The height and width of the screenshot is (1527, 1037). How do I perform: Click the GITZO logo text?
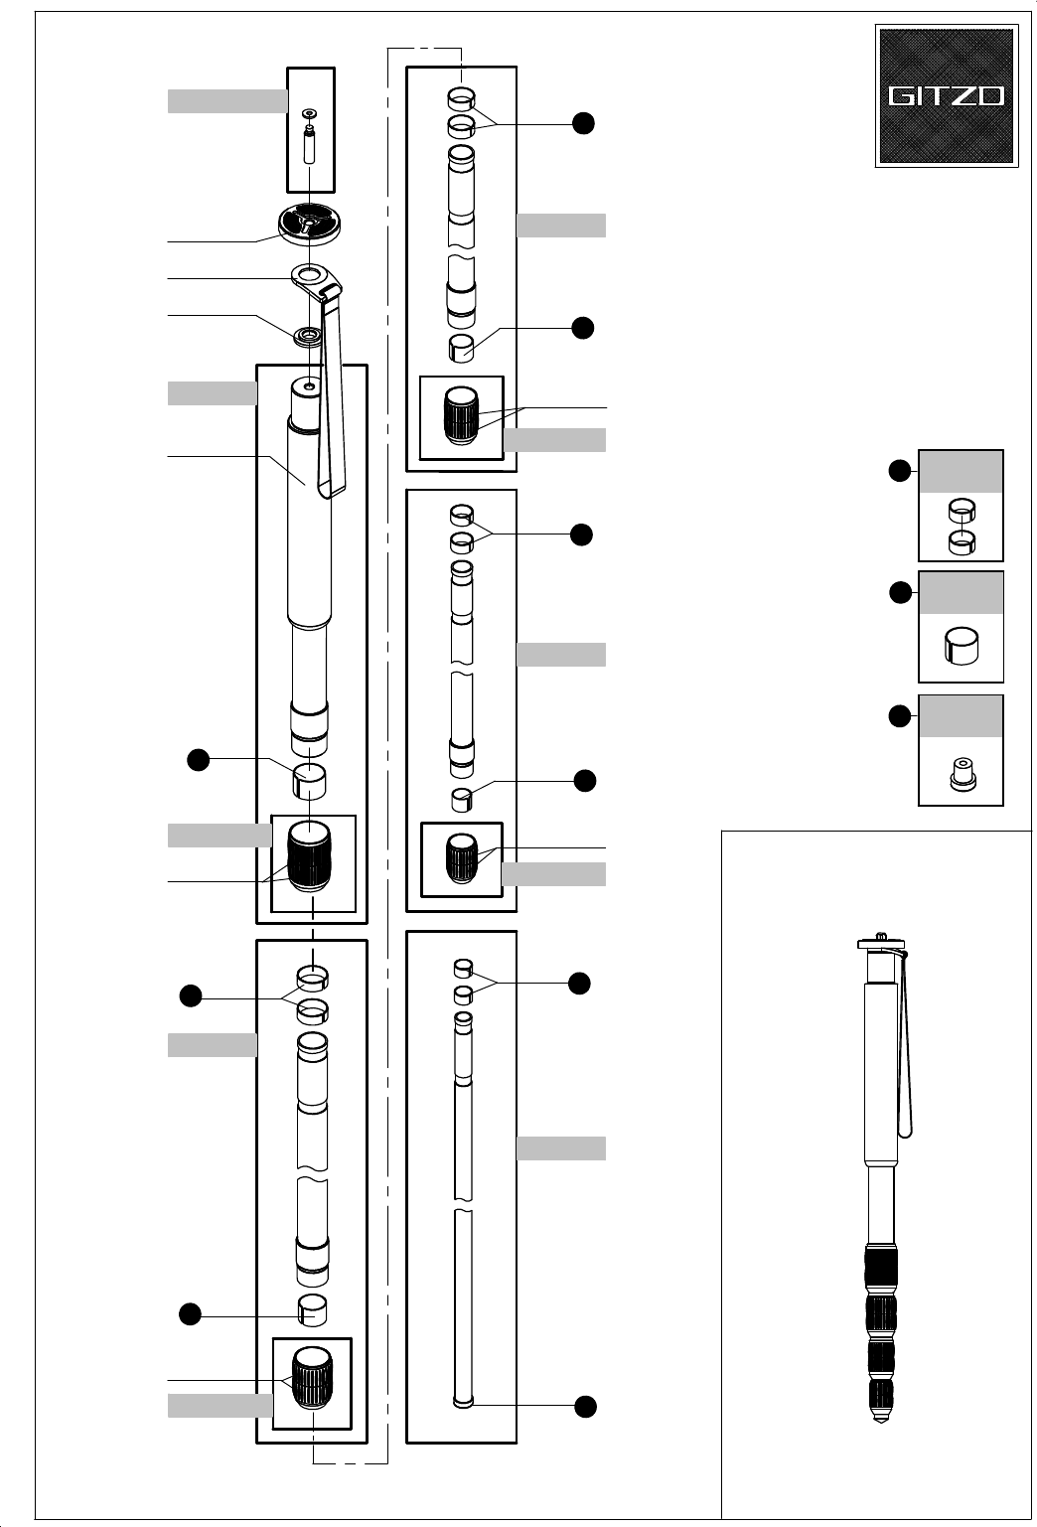click(x=946, y=96)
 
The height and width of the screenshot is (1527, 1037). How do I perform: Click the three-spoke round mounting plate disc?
click(x=310, y=223)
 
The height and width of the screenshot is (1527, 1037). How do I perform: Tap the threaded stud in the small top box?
click(x=309, y=145)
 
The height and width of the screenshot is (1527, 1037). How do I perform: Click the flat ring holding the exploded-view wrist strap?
click(x=310, y=274)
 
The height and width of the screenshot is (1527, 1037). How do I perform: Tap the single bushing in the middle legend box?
click(x=961, y=646)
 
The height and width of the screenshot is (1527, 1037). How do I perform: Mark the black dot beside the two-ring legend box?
click(x=900, y=471)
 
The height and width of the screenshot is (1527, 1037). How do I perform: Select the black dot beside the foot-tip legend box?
click(x=900, y=715)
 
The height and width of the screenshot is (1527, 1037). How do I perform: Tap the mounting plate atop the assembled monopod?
click(x=880, y=941)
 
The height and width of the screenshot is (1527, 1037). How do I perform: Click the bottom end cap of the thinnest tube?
click(x=462, y=1402)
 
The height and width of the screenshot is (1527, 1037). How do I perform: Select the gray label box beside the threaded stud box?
click(x=226, y=100)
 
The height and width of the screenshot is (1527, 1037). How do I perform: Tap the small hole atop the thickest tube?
click(x=309, y=384)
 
